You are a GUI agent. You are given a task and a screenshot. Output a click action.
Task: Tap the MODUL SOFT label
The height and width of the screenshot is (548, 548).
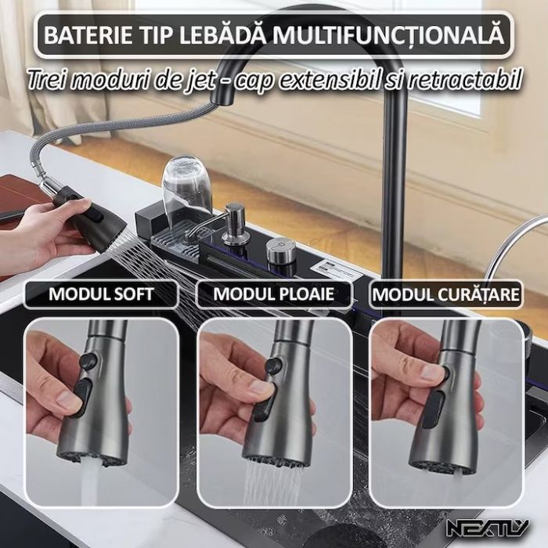101,295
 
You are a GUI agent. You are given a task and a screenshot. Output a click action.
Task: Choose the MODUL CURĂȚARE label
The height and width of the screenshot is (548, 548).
445,295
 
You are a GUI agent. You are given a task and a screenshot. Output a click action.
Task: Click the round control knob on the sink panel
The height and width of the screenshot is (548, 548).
280,251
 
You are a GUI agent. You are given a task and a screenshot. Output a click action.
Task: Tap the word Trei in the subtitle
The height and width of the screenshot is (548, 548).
46,78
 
